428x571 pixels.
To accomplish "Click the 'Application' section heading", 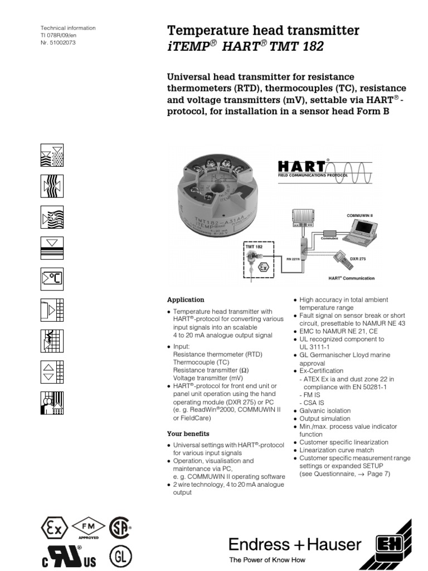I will tap(186, 299).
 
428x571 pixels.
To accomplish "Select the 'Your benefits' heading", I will tap(188, 433).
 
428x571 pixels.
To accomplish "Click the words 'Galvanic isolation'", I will tap(325, 410).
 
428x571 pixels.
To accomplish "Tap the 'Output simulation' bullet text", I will tap(325, 418).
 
